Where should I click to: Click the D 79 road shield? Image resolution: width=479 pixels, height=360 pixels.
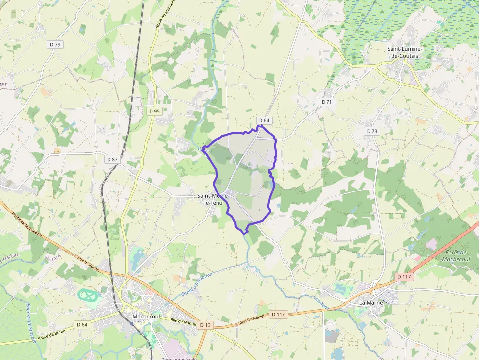tap(55, 44)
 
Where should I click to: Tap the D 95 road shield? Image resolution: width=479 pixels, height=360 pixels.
tap(154, 111)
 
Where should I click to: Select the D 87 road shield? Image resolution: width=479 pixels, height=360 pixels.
tap(112, 159)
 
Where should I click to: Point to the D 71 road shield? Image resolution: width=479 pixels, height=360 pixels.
tap(327, 102)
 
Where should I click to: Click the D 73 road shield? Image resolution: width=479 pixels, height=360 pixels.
tap(372, 131)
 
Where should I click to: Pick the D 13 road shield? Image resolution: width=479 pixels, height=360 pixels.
tap(205, 325)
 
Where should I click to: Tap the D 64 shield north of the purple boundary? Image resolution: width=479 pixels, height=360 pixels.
tap(264, 120)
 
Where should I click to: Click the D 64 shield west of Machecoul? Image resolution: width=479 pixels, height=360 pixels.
tap(82, 325)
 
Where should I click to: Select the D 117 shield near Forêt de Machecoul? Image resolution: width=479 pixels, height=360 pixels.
tap(404, 277)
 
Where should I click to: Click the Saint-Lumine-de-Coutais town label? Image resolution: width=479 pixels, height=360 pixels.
tap(404, 52)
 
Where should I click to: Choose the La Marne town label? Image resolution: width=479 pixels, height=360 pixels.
tap(370, 302)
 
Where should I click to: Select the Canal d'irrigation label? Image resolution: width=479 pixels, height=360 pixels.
tap(197, 284)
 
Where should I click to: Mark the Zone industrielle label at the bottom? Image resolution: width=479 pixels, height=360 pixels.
tap(179, 358)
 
